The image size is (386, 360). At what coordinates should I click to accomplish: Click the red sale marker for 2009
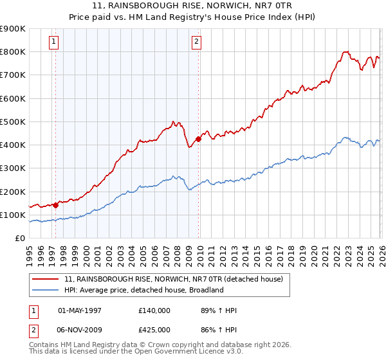click(x=198, y=138)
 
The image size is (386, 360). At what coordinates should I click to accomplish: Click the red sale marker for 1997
click(x=55, y=205)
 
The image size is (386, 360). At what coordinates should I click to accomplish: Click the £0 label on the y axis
click(x=19, y=239)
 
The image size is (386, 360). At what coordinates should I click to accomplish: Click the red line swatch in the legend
click(x=46, y=280)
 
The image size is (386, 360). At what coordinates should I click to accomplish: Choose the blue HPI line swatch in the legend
click(x=46, y=290)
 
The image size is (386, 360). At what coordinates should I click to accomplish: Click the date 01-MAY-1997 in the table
click(x=80, y=310)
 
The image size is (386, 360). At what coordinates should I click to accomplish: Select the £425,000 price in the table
click(x=154, y=329)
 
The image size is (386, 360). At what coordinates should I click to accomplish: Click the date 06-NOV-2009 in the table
click(x=80, y=329)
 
